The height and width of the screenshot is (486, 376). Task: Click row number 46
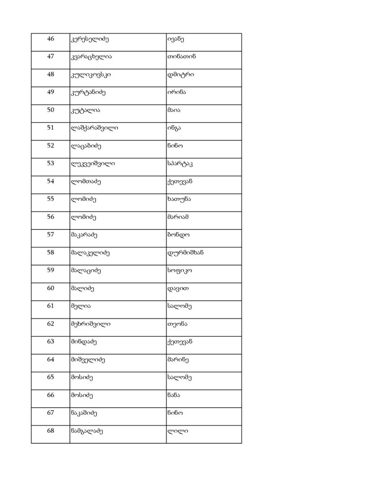point(51,39)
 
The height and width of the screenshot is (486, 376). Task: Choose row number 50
point(51,110)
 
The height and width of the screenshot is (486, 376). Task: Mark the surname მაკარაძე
point(84,234)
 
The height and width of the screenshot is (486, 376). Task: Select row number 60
point(51,288)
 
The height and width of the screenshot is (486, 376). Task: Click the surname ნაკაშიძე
point(84,413)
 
